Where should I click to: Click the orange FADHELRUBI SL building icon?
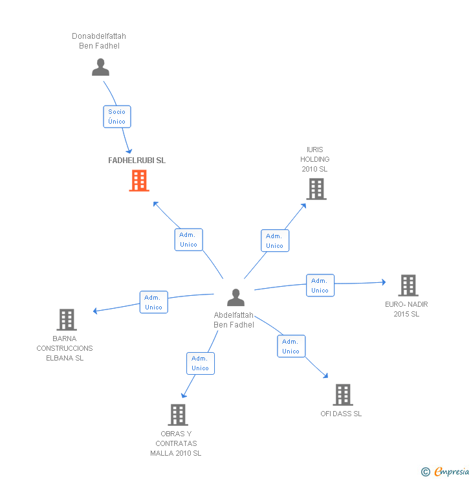(x=139, y=181)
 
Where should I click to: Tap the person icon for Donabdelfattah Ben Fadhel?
(x=100, y=67)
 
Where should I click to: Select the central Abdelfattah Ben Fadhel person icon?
(x=236, y=297)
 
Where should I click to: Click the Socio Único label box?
(x=117, y=117)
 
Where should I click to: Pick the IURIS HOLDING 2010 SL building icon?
(x=316, y=189)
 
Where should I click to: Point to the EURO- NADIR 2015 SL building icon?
(x=408, y=285)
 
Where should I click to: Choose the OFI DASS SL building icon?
(x=343, y=394)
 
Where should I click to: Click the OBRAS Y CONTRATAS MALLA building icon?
(x=178, y=415)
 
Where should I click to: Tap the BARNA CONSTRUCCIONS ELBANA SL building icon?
(x=67, y=320)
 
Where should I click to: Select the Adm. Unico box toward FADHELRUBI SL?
(x=189, y=240)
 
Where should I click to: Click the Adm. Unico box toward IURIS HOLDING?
(x=274, y=241)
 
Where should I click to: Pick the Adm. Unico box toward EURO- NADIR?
(x=320, y=285)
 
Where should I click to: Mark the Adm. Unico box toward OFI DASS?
(x=291, y=346)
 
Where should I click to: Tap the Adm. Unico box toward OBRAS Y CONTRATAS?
(x=200, y=363)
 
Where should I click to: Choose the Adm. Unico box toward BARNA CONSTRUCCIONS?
(x=154, y=302)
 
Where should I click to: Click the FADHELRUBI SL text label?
(x=137, y=161)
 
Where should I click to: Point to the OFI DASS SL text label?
(x=341, y=414)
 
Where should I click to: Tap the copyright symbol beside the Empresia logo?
(x=426, y=472)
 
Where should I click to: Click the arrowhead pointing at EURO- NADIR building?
(x=384, y=282)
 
